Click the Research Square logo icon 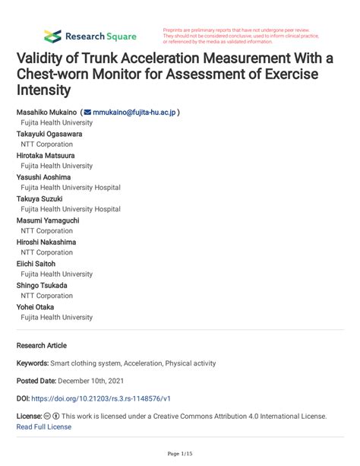(52, 36)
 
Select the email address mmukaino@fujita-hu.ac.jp (134, 113)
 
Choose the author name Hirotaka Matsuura (49, 155)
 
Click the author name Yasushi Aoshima (46, 177)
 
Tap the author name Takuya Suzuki (41, 198)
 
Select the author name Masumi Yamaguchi (49, 220)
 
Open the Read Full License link (43, 426)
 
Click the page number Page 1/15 (179, 454)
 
